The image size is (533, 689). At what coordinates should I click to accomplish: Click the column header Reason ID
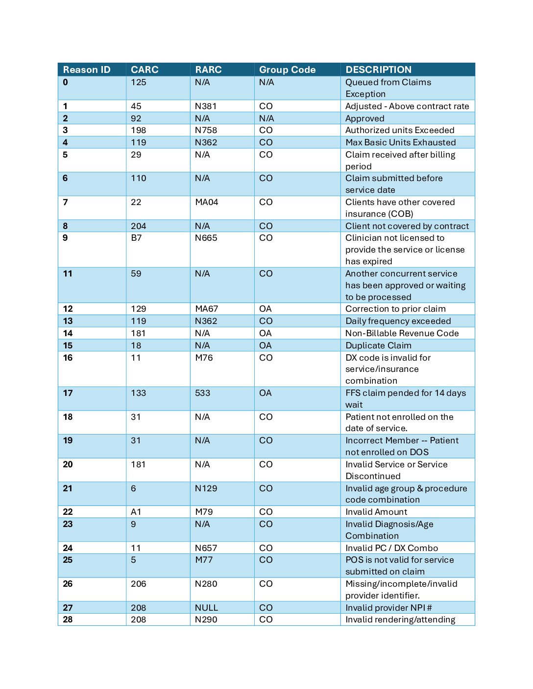(87, 69)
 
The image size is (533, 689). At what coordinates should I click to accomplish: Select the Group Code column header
(287, 69)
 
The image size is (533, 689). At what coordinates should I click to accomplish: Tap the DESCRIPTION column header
(378, 69)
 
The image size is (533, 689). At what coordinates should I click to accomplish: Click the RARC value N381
(206, 106)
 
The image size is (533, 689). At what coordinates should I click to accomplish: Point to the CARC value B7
(136, 238)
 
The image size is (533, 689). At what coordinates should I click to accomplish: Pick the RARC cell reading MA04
(206, 202)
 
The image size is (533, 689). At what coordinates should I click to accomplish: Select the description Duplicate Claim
(378, 345)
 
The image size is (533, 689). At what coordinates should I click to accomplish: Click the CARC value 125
(139, 82)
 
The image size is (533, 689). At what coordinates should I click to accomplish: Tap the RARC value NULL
(206, 608)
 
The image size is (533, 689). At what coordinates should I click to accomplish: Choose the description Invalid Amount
(376, 512)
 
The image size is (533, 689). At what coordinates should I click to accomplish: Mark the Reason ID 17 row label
(68, 393)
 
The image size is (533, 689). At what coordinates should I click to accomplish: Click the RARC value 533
(202, 393)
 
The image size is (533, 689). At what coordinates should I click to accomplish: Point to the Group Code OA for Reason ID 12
(266, 309)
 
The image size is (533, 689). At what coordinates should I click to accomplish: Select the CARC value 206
(139, 584)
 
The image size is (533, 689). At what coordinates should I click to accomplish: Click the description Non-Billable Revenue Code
(402, 333)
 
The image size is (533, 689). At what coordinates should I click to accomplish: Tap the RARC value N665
(206, 238)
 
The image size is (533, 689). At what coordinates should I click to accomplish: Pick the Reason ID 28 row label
(68, 620)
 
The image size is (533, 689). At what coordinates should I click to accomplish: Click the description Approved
(364, 118)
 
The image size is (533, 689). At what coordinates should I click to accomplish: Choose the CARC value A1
(136, 512)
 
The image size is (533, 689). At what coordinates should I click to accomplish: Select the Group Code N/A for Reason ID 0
(266, 82)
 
